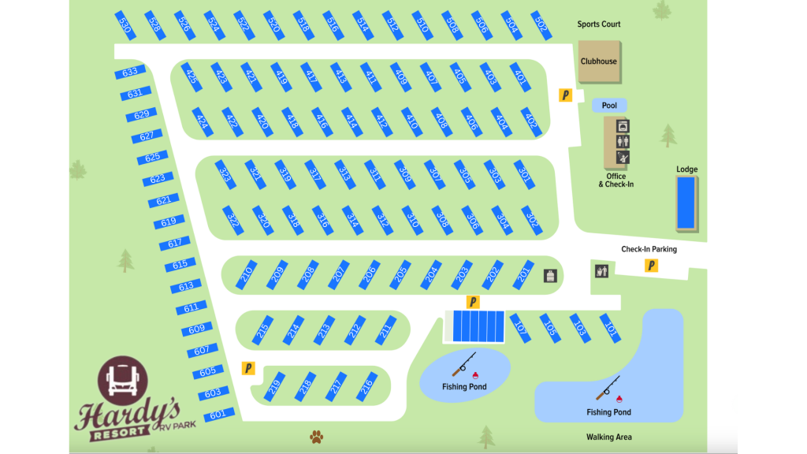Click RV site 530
125,25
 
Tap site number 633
130,73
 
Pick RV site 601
218,414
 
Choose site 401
520,76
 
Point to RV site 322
232,219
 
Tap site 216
366,386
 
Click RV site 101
610,326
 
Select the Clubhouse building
599,61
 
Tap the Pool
609,106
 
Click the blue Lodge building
686,203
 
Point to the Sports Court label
599,24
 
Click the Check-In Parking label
649,249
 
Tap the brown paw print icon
316,436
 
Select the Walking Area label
608,437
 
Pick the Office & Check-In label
615,180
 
